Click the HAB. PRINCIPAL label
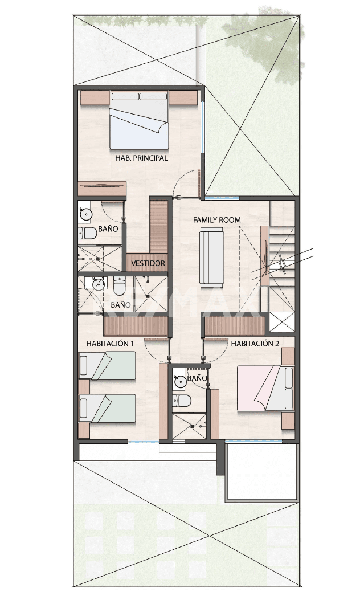coord(141,158)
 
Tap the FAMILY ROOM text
coord(217,220)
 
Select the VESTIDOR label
coord(148,263)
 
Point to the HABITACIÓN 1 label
coord(110,343)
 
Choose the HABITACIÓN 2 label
coord(255,343)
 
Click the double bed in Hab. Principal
coord(139,120)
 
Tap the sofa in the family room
coord(211,257)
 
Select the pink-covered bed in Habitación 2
coord(265,388)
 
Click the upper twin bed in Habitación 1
coord(108,365)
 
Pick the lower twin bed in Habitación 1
coord(108,409)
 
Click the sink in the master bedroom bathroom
coord(85,214)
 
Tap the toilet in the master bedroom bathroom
coord(87,233)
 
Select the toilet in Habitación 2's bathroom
coord(182,401)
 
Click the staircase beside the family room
coord(282,266)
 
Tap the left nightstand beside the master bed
coord(95,98)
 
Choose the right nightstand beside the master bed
coord(183,98)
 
